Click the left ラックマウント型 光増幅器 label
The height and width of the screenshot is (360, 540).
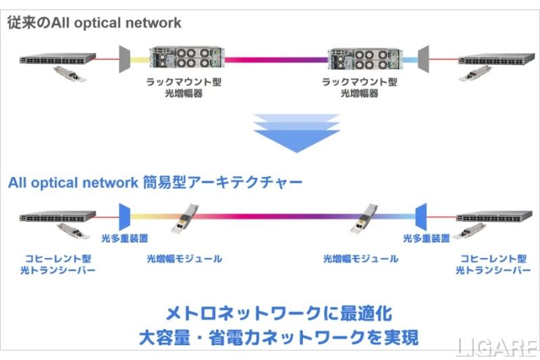click(184, 87)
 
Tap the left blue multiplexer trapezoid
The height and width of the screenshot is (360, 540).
click(125, 217)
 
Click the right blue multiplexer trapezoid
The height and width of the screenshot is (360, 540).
click(422, 217)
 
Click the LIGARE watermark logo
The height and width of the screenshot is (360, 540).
click(497, 348)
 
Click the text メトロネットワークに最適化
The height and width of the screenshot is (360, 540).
click(278, 313)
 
